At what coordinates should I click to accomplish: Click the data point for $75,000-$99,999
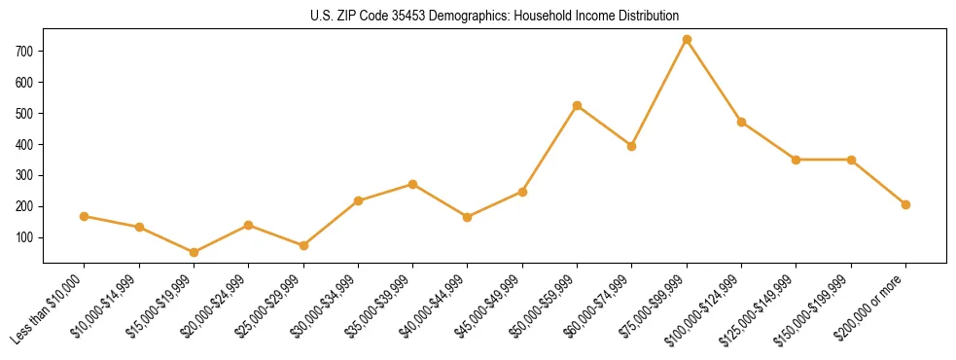click(687, 40)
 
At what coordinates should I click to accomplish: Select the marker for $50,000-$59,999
click(578, 105)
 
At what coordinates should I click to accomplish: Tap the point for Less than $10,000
click(85, 216)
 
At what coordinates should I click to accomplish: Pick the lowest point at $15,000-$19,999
click(194, 252)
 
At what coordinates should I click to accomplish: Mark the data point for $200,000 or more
click(905, 204)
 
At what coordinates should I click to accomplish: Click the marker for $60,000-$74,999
click(632, 146)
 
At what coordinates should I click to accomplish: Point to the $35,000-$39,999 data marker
click(412, 184)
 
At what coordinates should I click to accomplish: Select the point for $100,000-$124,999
click(742, 122)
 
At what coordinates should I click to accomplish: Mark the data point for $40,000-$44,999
click(468, 217)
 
